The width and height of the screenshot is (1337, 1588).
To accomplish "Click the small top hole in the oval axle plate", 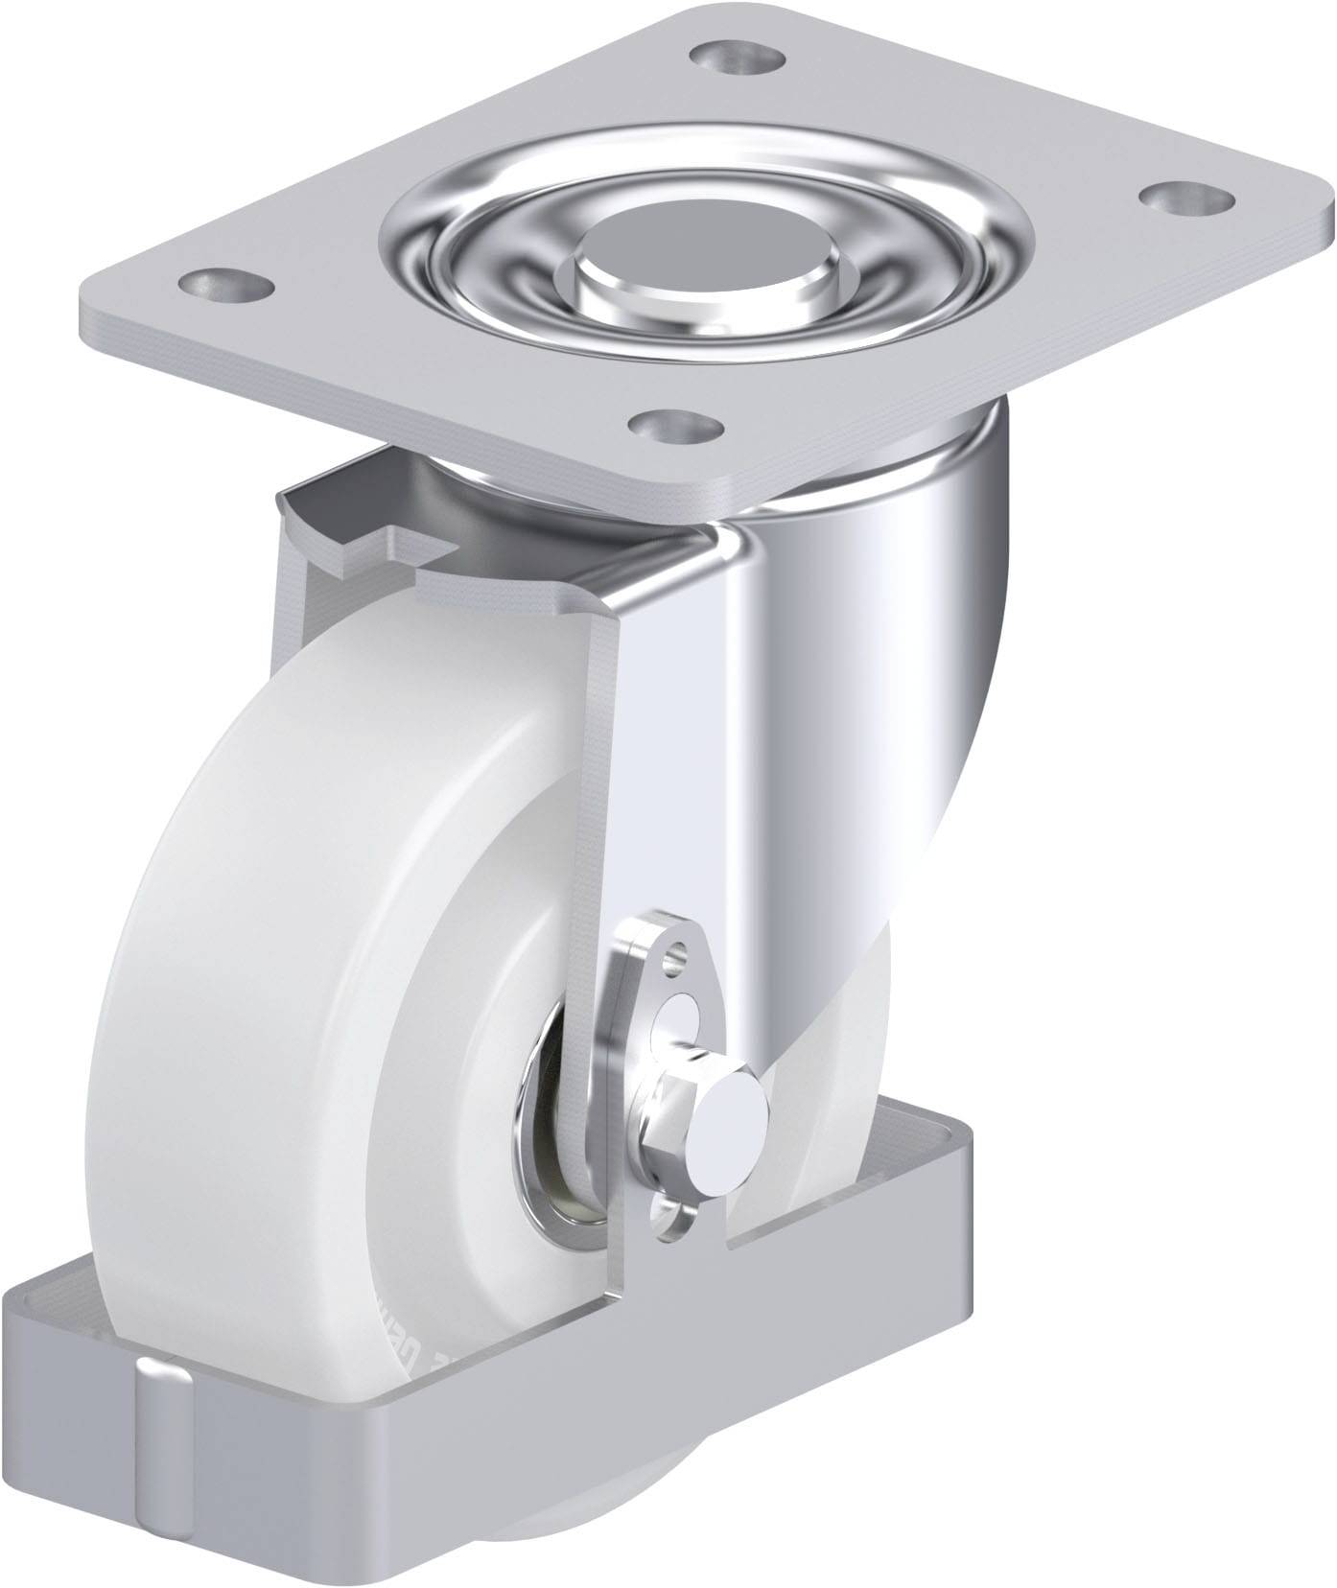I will (680, 953).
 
